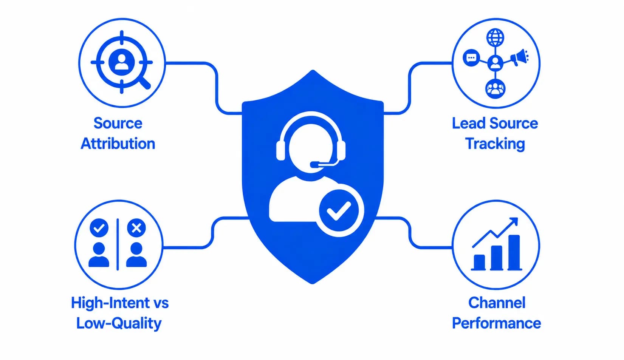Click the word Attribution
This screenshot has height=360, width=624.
(118, 144)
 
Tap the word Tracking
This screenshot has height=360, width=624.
(495, 144)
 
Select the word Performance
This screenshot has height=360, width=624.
(496, 323)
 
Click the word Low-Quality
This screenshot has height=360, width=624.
(119, 323)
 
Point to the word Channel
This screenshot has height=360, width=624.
(497, 303)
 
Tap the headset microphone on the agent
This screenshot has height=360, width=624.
(323, 164)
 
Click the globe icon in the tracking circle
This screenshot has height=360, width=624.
(495, 38)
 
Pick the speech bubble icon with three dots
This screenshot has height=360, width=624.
(471, 58)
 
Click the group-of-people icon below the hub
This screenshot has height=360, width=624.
(495, 89)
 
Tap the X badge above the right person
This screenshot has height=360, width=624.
(136, 228)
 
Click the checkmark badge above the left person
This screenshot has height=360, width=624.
(99, 228)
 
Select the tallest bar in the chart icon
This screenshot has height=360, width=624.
(514, 253)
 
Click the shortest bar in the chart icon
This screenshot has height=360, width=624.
(479, 262)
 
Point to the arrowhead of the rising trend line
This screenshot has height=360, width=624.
(514, 221)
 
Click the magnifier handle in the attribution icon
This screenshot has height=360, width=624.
(145, 82)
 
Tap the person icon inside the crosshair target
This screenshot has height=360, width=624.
(121, 62)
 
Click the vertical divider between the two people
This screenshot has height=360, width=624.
(118, 244)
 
